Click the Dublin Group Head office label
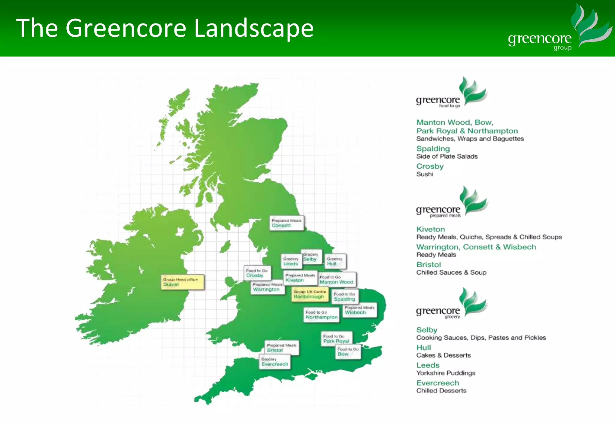point(182,282)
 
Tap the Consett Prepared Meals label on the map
point(286,223)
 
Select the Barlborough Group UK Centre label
point(310,294)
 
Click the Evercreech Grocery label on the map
point(275,362)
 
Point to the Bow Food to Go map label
point(348,352)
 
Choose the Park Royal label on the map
point(336,339)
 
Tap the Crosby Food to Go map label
point(257,273)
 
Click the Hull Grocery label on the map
point(335,261)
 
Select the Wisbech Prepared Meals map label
point(359,310)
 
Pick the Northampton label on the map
point(321,315)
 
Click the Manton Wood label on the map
point(337,280)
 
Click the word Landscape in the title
point(254,28)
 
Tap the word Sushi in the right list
point(425,174)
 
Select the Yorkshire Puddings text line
point(446,373)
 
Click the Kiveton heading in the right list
point(430,229)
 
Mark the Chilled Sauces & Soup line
point(451,272)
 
